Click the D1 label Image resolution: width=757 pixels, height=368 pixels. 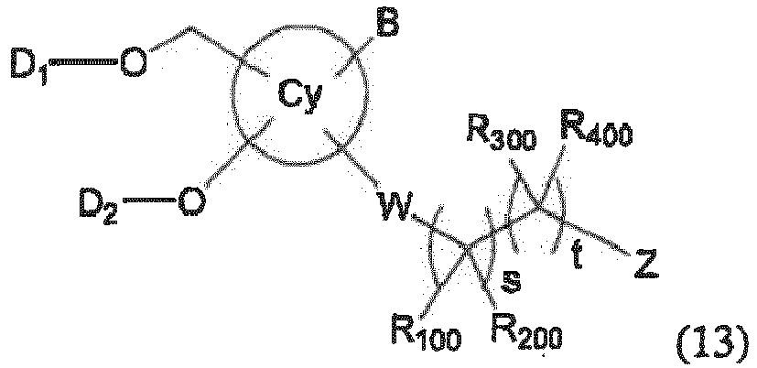coord(29,69)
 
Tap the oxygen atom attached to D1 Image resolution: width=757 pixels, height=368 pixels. coord(134,63)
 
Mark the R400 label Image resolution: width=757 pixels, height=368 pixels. coord(595,128)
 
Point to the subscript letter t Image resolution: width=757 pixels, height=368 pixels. coord(577,255)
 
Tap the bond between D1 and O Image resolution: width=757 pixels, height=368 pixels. coord(83,62)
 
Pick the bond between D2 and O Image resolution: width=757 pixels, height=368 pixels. coord(149,200)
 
